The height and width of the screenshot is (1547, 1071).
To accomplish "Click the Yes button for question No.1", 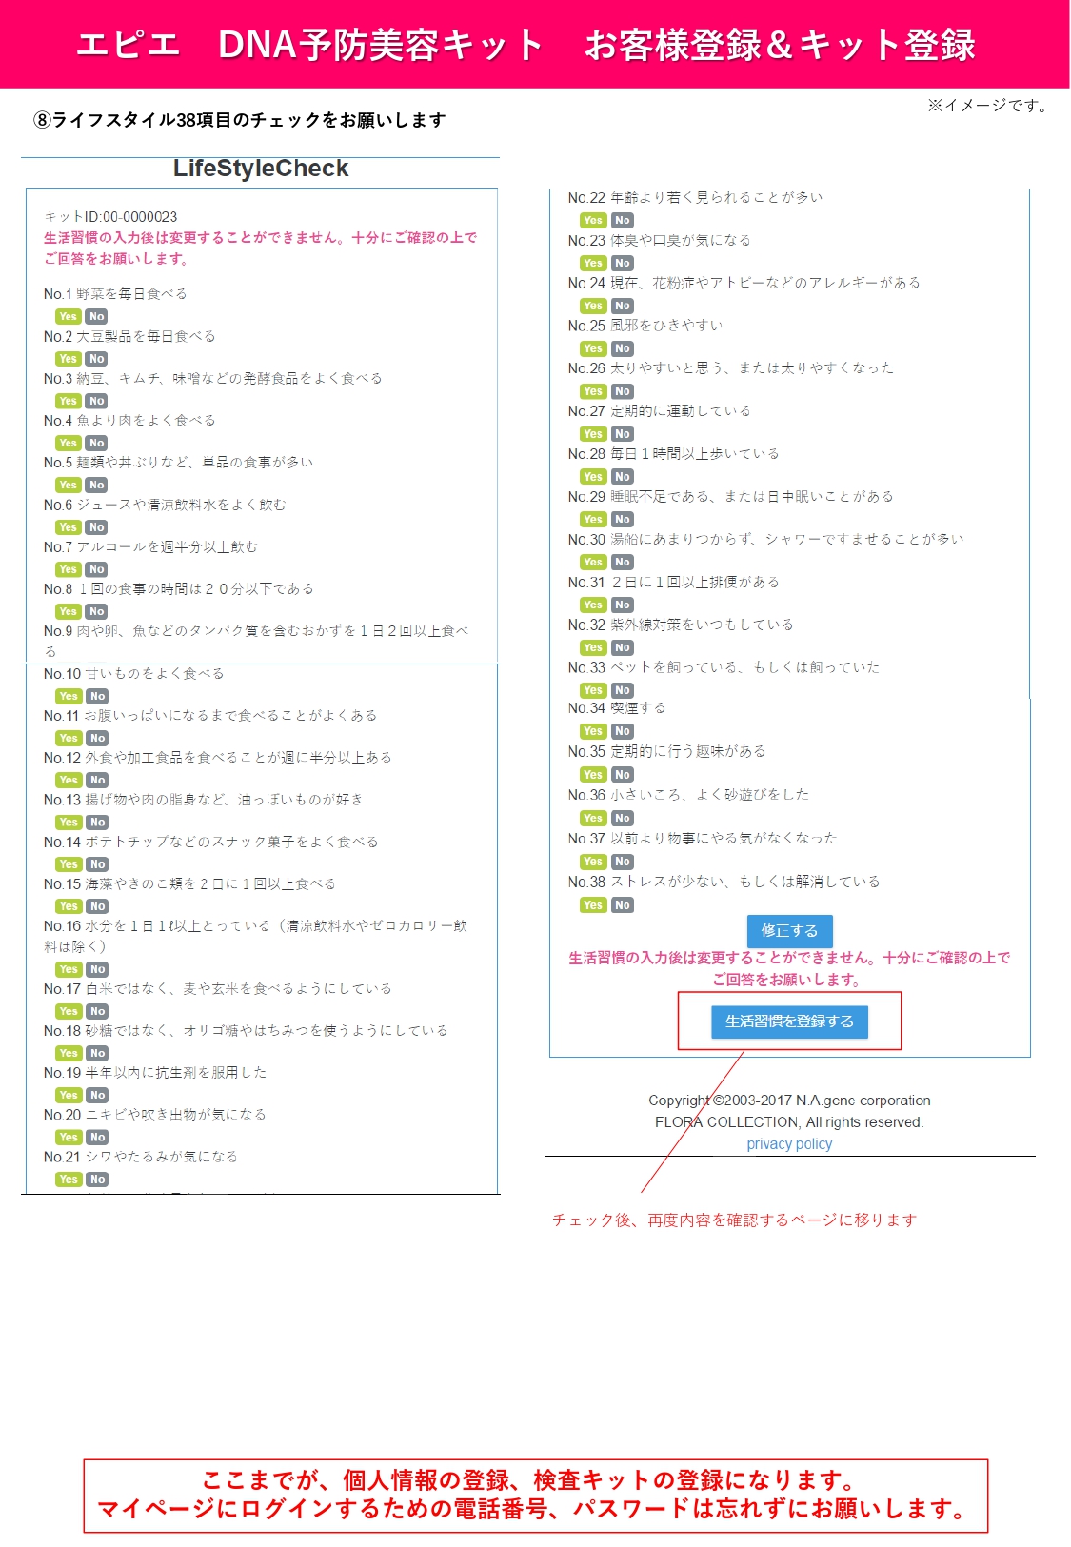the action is point(68,316).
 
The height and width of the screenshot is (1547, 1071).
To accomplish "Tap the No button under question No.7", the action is point(97,569).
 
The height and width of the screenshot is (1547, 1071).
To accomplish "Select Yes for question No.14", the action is point(69,864).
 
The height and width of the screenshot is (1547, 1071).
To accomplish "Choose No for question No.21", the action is point(97,1179).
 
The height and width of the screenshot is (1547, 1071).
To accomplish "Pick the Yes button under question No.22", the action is point(592,220).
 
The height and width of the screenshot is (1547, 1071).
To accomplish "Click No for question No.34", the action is point(623,731).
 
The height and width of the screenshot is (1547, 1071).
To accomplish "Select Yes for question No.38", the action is point(592,904).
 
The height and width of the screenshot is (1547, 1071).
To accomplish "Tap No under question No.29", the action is point(623,520).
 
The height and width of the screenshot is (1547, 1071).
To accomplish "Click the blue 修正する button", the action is point(789,931).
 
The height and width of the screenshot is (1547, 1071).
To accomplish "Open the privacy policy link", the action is point(789,1143).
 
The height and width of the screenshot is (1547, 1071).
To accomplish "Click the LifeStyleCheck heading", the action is point(260,169).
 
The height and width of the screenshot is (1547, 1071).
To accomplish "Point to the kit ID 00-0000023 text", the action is point(110,217).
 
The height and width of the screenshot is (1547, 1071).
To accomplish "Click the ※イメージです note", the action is point(988,106).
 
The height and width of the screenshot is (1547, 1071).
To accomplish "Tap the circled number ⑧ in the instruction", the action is point(42,120).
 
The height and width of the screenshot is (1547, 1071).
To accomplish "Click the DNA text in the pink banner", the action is point(258,45).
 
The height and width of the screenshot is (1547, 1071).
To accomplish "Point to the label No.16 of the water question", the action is point(62,926).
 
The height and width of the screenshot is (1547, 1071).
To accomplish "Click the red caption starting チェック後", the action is point(735,1220).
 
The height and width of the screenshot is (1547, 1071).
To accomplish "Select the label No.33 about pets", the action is point(586,667).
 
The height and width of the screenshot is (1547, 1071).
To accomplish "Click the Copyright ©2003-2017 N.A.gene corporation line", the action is point(789,1101).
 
